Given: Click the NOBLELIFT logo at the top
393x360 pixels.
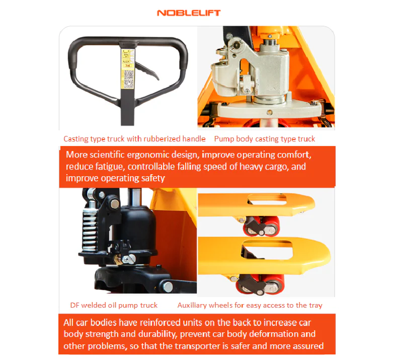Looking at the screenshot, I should (189, 13).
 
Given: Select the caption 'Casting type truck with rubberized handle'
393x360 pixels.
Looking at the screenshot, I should (134, 138).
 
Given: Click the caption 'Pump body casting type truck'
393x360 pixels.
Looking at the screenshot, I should (265, 138).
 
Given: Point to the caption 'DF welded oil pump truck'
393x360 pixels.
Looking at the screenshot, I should (114, 305).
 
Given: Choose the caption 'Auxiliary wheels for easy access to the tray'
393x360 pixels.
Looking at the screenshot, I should (250, 305).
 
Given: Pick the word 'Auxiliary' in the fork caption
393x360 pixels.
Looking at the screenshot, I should (194, 305).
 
